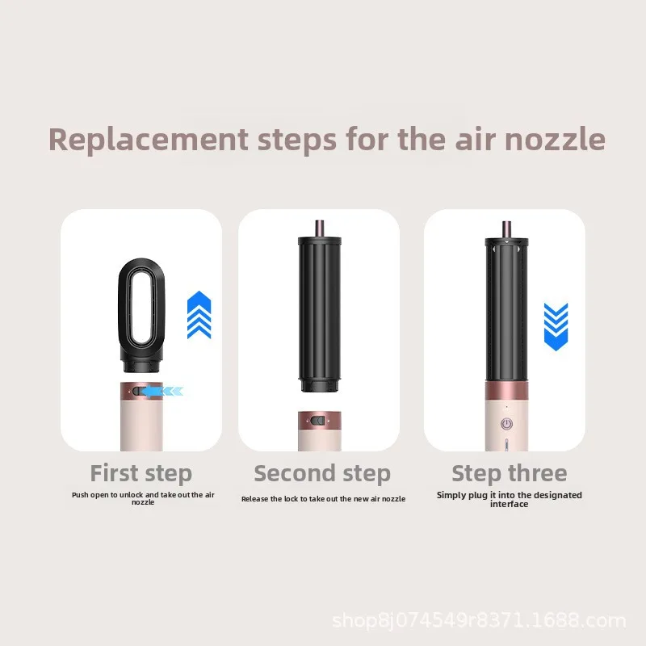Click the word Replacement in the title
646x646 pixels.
pos(149,140)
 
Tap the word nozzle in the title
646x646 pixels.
pos(555,139)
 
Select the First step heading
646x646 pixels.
pos(141,473)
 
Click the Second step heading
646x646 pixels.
pos(322,473)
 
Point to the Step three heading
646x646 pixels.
pos(510,473)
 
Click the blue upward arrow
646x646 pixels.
pos(199,315)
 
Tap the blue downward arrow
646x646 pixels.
pos(556,327)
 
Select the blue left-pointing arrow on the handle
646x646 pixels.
pos(162,391)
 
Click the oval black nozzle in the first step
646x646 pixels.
pos(141,316)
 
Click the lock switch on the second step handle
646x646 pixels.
pos(317,421)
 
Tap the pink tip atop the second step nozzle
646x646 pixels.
pos(319,228)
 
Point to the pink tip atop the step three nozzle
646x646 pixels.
pos(506,229)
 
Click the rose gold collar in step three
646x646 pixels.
pos(506,391)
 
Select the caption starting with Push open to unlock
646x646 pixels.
pos(143,498)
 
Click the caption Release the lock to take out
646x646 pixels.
pos(324,499)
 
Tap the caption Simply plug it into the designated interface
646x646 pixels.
pos(510,499)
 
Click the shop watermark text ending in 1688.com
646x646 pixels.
pos(479,621)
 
